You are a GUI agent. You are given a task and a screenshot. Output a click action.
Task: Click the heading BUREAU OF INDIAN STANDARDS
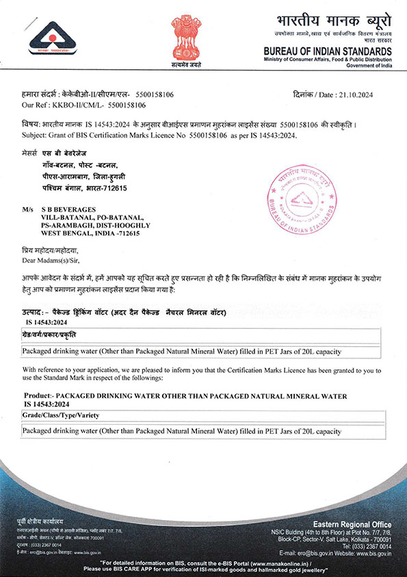328,51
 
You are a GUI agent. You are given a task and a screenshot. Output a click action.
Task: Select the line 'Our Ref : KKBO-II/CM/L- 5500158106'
84,105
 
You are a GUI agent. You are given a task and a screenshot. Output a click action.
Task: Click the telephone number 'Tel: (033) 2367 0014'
367,545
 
